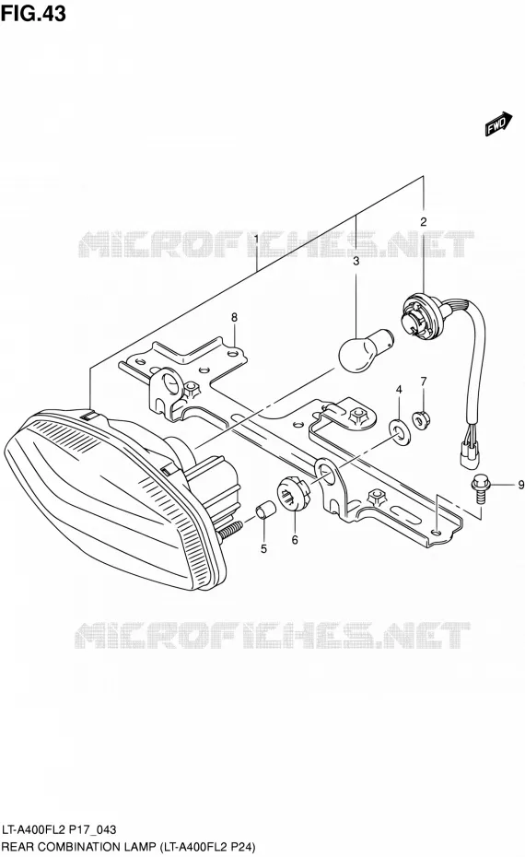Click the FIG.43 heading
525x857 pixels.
pos(33,13)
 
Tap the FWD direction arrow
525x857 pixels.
pos(499,124)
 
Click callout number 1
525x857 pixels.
pos(256,239)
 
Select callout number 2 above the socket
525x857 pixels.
pos(423,222)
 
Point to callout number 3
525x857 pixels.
pos(356,261)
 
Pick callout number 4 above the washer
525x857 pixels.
pos(399,389)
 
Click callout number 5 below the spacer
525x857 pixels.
pos(263,548)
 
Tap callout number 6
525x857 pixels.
pos(295,540)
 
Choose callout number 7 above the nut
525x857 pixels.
pos(424,381)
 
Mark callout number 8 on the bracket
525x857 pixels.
pos(234,317)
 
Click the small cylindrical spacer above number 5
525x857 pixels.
pos(264,511)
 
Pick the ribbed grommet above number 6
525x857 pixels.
pos(294,494)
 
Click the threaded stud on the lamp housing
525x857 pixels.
pos(230,529)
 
